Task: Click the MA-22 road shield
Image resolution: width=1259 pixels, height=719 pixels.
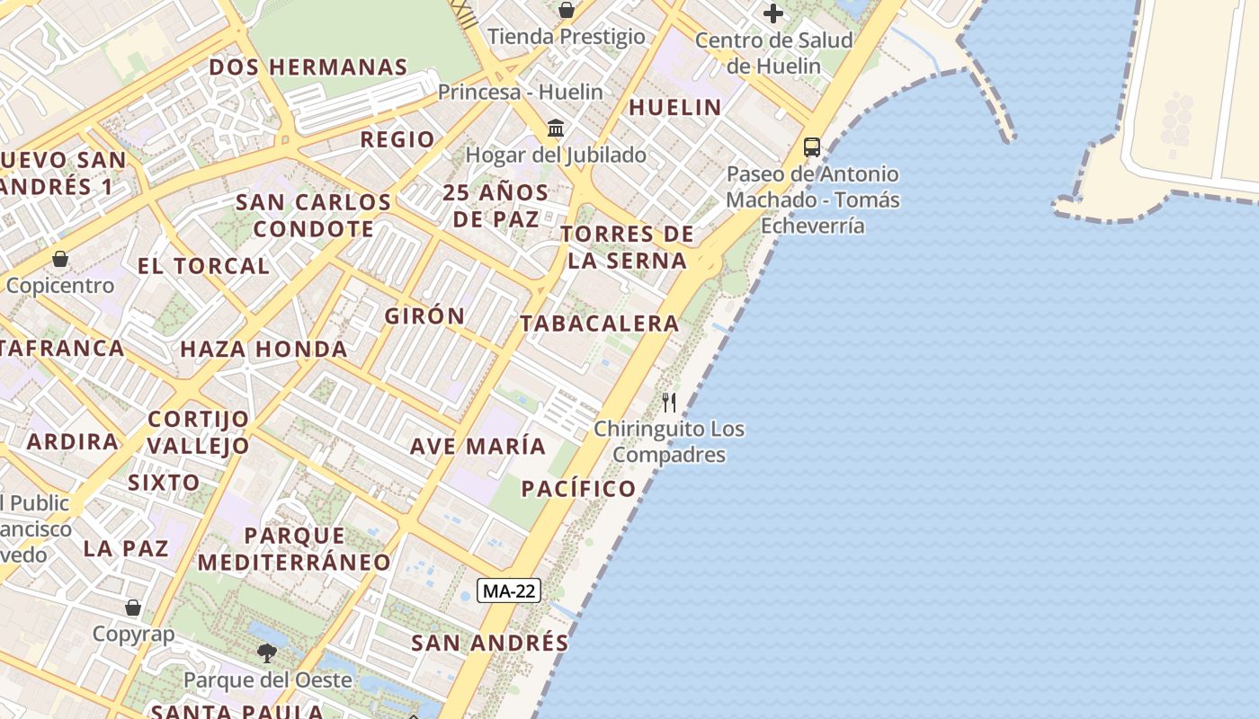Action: point(508,590)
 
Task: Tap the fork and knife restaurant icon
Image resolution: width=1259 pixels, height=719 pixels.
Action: point(668,402)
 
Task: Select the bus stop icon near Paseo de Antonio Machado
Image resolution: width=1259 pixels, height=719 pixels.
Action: point(811,146)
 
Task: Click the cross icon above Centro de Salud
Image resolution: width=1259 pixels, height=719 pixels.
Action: point(772,13)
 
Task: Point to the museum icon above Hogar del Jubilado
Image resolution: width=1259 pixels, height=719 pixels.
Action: point(556,128)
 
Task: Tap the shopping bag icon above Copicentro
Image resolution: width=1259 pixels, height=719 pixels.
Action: point(60,259)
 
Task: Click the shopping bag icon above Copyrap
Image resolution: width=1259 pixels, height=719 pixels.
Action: point(133,608)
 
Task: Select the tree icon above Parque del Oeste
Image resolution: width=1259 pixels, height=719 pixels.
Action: point(266,652)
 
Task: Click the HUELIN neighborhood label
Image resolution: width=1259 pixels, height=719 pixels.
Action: point(675,108)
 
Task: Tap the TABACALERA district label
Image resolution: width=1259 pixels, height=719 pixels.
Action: point(599,324)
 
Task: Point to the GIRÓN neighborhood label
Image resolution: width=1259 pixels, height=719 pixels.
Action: point(424,316)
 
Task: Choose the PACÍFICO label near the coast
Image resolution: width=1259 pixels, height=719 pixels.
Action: point(578,489)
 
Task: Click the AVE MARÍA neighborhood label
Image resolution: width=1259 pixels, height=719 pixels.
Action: point(478,446)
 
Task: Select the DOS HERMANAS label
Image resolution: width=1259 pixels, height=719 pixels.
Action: point(308,67)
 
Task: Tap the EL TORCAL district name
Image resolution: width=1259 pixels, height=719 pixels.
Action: point(203,266)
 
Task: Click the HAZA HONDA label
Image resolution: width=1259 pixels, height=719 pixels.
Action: point(263,349)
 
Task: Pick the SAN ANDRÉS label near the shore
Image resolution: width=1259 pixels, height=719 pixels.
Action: point(490,643)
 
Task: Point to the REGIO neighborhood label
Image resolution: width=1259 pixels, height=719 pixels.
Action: point(397,139)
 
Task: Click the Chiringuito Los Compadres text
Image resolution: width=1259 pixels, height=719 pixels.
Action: point(669,441)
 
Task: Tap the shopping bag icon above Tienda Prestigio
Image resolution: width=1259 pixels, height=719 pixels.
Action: point(567,11)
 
